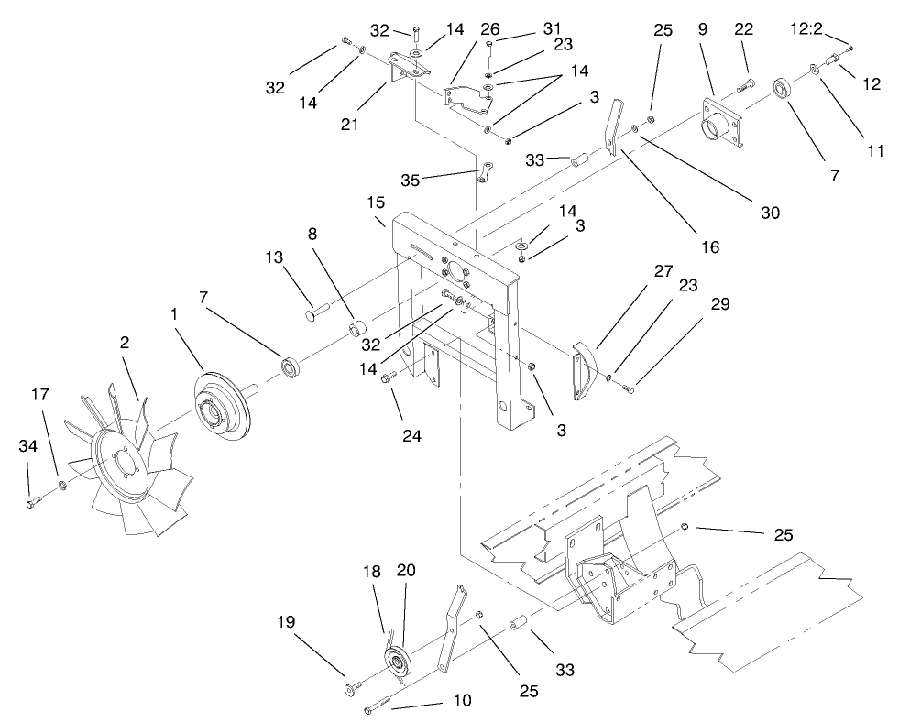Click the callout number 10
(462, 701)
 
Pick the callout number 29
(719, 304)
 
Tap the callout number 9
(704, 29)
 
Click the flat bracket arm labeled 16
(608, 136)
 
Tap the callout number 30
(770, 213)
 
